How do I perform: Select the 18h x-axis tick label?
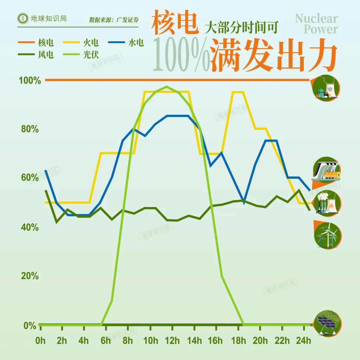(x=238, y=341)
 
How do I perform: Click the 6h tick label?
(x=105, y=341)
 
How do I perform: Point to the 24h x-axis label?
(x=304, y=341)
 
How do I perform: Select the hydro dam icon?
(x=327, y=170)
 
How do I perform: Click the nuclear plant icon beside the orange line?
(x=327, y=88)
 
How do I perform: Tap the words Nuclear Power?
(x=316, y=24)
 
